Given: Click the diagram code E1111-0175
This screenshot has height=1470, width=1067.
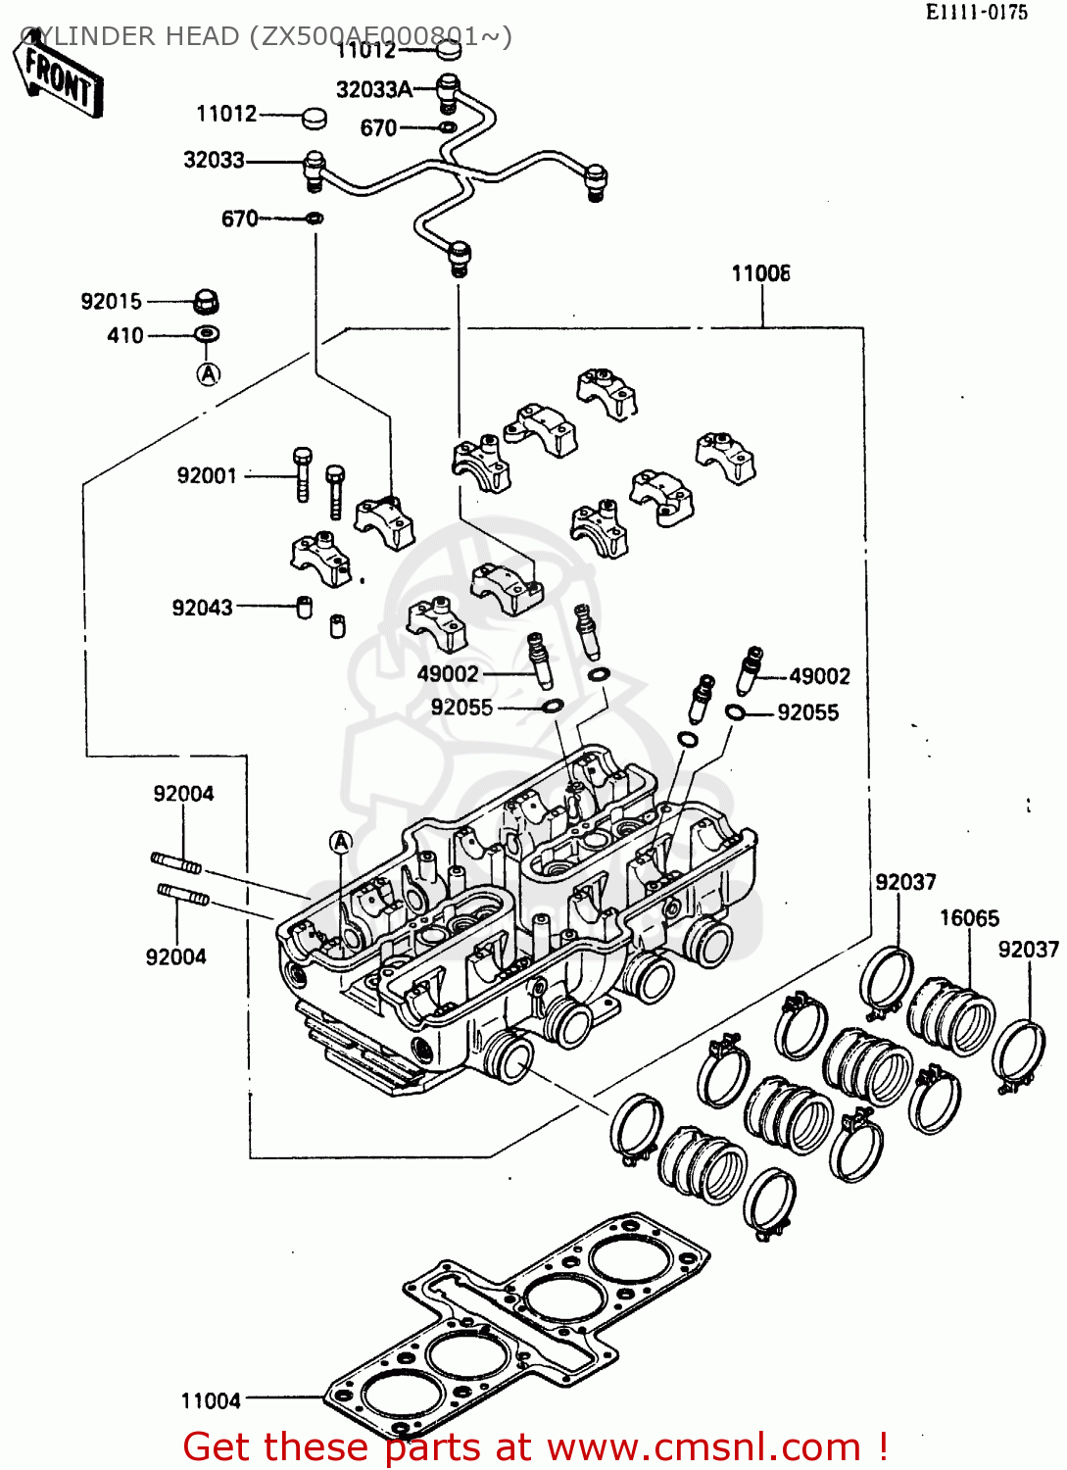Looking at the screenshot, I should (976, 13).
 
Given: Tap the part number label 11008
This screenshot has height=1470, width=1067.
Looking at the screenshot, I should (760, 273).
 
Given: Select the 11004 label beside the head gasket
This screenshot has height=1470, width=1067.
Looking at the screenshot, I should (211, 1400).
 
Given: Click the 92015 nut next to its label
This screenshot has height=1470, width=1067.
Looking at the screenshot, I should (205, 301).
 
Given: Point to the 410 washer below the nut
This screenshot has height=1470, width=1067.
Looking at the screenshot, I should (207, 335).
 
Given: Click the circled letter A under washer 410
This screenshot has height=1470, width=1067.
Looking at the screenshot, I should (208, 373).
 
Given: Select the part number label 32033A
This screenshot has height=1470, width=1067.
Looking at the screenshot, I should (374, 90).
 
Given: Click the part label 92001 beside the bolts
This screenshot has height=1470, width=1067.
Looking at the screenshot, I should (207, 475).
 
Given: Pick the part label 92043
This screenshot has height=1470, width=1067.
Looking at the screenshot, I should (203, 608).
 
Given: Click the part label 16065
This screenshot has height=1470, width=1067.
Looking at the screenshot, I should (969, 918).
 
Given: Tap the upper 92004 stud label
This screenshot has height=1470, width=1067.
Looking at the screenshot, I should (183, 794).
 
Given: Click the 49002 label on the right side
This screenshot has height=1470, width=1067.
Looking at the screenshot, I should (819, 676).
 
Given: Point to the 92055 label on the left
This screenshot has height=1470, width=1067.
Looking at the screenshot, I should (461, 708).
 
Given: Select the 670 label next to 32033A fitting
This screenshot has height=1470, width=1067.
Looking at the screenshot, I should (378, 128).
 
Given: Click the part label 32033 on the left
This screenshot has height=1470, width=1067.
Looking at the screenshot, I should (214, 160).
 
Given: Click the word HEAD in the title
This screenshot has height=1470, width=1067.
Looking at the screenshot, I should (202, 36).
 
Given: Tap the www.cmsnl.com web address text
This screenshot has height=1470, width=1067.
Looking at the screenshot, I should (703, 1447).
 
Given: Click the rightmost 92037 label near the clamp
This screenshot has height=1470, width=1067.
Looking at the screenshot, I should (1028, 950).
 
